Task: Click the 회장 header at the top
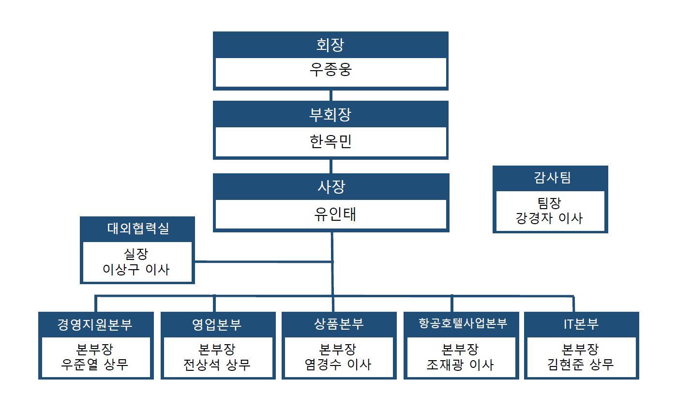(330, 45)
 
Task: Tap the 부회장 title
(330, 115)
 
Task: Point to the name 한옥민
(330, 142)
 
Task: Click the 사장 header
(331, 186)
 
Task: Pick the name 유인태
(331, 214)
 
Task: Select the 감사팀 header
(550, 178)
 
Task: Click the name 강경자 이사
(550, 217)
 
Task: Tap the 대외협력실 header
(138, 228)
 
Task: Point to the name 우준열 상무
(95, 364)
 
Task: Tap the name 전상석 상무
(217, 364)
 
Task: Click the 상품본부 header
(339, 324)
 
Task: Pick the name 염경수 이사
(338, 364)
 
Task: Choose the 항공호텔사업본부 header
(463, 324)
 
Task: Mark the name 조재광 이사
(460, 364)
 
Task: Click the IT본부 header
(581, 324)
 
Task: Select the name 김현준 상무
(581, 364)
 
